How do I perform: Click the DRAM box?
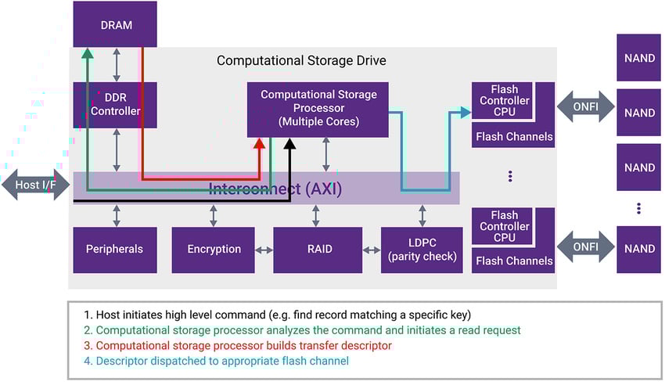click(x=115, y=24)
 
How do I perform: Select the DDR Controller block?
click(x=115, y=105)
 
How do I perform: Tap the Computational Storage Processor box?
click(x=318, y=109)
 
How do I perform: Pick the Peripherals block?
click(x=114, y=250)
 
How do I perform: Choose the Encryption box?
click(x=214, y=250)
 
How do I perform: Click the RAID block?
click(x=318, y=250)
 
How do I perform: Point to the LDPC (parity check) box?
click(x=422, y=250)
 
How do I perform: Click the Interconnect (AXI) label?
click(x=275, y=189)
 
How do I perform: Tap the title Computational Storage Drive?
click(x=301, y=60)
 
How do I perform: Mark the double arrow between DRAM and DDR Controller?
click(x=117, y=65)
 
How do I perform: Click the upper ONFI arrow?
click(x=585, y=105)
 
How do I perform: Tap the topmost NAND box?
click(x=639, y=57)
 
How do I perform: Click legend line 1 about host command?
click(x=278, y=315)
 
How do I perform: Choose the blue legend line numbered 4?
click(x=226, y=361)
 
